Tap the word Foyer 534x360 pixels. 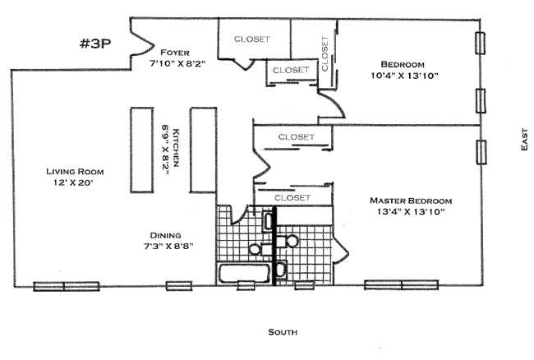[176, 50]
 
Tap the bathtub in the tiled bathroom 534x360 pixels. [243, 272]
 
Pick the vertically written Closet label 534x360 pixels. [325, 52]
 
